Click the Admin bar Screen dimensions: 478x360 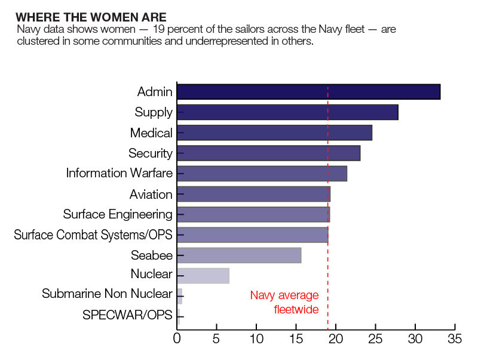(308, 92)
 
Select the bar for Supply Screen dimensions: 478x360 (287, 112)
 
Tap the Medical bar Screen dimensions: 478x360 (274, 133)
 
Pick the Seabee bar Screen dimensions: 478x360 (239, 256)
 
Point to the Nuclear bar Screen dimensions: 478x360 (203, 276)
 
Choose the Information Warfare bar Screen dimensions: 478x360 (262, 174)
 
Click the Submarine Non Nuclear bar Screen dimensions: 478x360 (180, 296)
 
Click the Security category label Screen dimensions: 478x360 (151, 153)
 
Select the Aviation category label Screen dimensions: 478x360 (151, 194)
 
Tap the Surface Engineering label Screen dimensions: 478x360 (118, 214)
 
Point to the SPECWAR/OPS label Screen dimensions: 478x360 (127, 315)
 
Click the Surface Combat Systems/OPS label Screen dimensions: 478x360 (93, 235)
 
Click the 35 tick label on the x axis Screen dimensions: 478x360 (455, 339)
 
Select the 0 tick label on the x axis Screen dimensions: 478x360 (177, 339)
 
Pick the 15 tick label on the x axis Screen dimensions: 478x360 (296, 339)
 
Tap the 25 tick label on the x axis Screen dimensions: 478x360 (375, 339)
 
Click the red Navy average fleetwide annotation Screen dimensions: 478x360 (284, 302)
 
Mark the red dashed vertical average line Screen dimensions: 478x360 (327, 208)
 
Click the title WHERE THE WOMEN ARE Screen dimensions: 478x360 (91, 17)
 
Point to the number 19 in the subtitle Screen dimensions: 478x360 (159, 29)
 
